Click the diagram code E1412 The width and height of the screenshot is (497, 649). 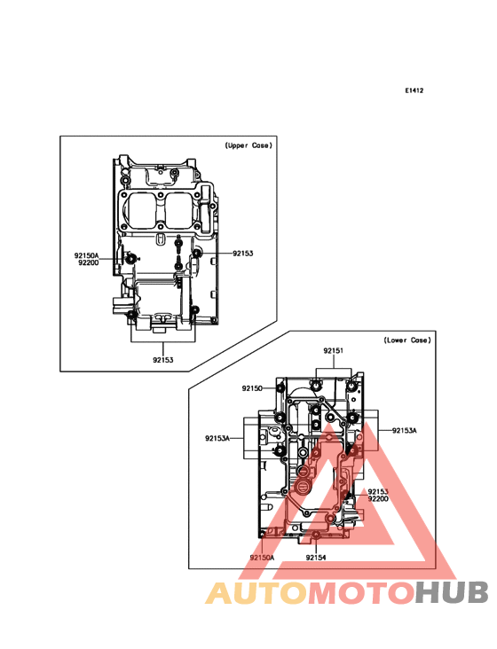coord(414,90)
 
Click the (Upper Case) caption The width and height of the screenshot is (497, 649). coord(248,145)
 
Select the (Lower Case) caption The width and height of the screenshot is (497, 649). coord(407,340)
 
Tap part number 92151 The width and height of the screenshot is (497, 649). coord(334,351)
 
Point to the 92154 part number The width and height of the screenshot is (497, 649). coord(316,558)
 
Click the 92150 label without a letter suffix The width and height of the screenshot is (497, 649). coord(252,388)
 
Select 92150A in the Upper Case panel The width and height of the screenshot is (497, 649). coord(87,256)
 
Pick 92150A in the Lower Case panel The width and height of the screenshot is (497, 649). coord(262,558)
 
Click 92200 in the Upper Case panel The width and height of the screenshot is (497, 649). coord(88,262)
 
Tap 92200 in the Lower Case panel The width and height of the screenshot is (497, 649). coord(378,499)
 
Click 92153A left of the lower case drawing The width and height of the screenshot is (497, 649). coord(217,438)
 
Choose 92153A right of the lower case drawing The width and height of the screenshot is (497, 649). coord(405,431)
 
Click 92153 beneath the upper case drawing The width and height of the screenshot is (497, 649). coord(163,360)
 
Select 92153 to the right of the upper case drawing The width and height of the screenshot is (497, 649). coord(242,254)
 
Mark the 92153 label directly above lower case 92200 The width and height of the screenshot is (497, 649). coord(378,492)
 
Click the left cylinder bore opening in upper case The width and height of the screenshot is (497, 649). coord(141,209)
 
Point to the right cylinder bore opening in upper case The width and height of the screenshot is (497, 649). coord(180,209)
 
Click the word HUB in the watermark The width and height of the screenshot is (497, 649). coord(453,593)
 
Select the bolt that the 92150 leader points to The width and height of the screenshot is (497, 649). coord(280,388)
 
